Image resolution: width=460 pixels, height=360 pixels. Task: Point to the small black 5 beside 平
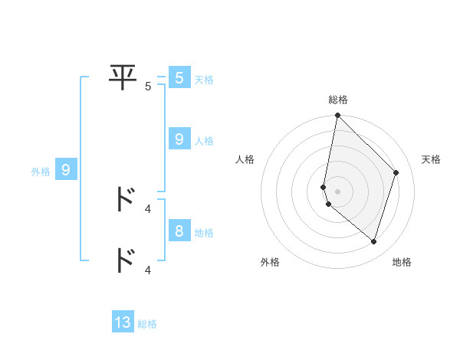click(148, 87)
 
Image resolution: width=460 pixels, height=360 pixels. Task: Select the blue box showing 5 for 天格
click(179, 78)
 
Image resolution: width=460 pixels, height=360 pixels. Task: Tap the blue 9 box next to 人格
click(179, 139)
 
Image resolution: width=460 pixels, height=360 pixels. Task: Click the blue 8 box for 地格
click(179, 231)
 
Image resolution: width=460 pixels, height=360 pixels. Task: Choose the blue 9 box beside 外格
click(66, 170)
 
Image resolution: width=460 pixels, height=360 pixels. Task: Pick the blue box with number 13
click(123, 322)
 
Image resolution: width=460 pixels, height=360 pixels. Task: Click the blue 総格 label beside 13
click(147, 324)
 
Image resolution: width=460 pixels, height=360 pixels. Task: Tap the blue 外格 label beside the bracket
click(41, 172)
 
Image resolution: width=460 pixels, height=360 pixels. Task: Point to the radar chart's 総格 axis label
click(338, 100)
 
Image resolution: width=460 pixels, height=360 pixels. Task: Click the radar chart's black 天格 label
click(432, 159)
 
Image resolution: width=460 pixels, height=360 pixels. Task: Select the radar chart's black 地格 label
click(402, 262)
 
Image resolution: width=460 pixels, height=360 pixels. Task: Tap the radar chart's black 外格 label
click(270, 262)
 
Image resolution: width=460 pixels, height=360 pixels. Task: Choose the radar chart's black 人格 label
click(245, 159)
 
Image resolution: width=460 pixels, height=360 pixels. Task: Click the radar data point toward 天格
click(396, 172)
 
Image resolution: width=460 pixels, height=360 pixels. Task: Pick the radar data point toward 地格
click(373, 241)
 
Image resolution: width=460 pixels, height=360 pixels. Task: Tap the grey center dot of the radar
click(338, 191)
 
